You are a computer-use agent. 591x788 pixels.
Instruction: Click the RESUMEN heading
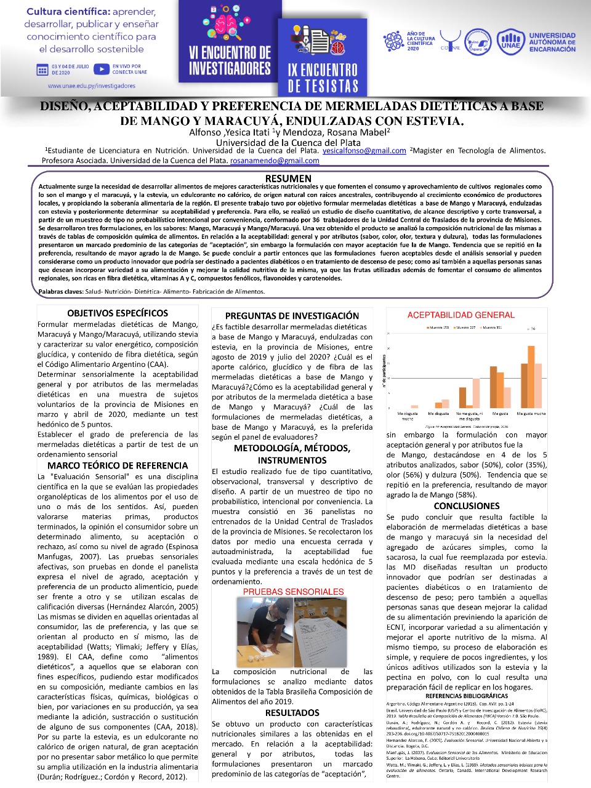[x=288, y=179]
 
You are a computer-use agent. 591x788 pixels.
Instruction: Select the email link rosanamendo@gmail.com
[x=275, y=161]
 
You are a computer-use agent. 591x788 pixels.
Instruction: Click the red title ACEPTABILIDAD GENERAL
[x=460, y=315]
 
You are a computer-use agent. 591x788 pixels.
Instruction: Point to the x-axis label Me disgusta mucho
[x=408, y=416]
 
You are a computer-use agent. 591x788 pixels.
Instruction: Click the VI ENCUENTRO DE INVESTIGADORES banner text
[x=230, y=61]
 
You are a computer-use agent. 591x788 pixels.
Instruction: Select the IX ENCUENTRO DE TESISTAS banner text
[x=323, y=78]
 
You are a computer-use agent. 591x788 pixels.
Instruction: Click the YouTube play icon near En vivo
[x=102, y=69]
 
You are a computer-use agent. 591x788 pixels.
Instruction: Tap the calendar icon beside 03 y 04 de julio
[x=42, y=70]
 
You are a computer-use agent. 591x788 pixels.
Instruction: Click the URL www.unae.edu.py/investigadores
[x=91, y=86]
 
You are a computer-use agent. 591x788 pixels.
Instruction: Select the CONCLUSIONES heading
[x=467, y=506]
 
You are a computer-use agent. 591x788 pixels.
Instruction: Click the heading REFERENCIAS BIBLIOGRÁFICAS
[x=467, y=696]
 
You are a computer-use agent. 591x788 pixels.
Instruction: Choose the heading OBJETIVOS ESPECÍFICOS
[x=118, y=313]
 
